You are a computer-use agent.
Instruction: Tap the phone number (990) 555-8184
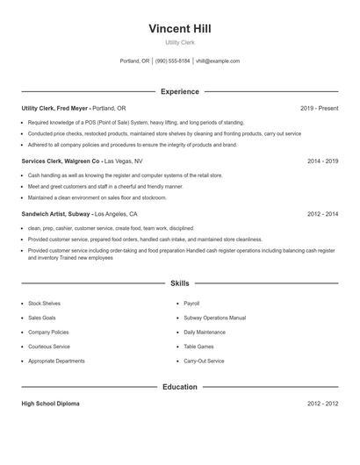173,61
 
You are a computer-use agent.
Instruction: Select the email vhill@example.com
218,61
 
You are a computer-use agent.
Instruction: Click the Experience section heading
180,91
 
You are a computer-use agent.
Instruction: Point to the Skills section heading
180,283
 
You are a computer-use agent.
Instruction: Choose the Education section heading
180,387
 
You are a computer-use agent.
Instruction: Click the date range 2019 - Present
319,108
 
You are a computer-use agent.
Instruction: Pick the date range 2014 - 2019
322,161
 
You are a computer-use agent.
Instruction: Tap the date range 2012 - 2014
322,214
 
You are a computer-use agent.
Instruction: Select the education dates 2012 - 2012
322,404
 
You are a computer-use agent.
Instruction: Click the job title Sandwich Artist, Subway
55,214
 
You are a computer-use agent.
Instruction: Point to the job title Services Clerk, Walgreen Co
61,161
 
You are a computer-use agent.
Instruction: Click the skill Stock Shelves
44,303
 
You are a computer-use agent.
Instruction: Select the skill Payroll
191,303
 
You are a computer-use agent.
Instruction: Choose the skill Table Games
198,347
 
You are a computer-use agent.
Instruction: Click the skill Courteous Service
49,347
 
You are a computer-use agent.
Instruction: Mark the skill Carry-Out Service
203,361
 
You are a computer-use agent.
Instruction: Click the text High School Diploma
50,404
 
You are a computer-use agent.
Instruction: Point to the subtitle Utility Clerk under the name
180,42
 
